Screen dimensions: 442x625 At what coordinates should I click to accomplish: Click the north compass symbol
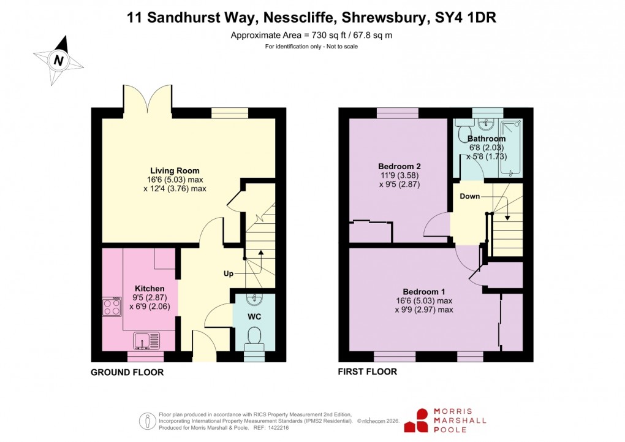click(59, 60)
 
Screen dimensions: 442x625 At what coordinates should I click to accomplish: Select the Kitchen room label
click(150, 288)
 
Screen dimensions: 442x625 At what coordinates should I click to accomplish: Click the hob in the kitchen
click(112, 307)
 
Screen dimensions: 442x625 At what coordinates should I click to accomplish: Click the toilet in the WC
click(254, 337)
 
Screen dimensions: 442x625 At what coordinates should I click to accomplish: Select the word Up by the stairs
click(228, 274)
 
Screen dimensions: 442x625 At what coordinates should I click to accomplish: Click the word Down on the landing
click(470, 196)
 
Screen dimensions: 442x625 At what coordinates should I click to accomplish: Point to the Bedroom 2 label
click(399, 166)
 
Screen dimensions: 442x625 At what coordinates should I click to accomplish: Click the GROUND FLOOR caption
click(127, 372)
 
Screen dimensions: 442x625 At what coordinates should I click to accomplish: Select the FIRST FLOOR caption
click(368, 372)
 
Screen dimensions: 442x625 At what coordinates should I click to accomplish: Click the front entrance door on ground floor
click(204, 346)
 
